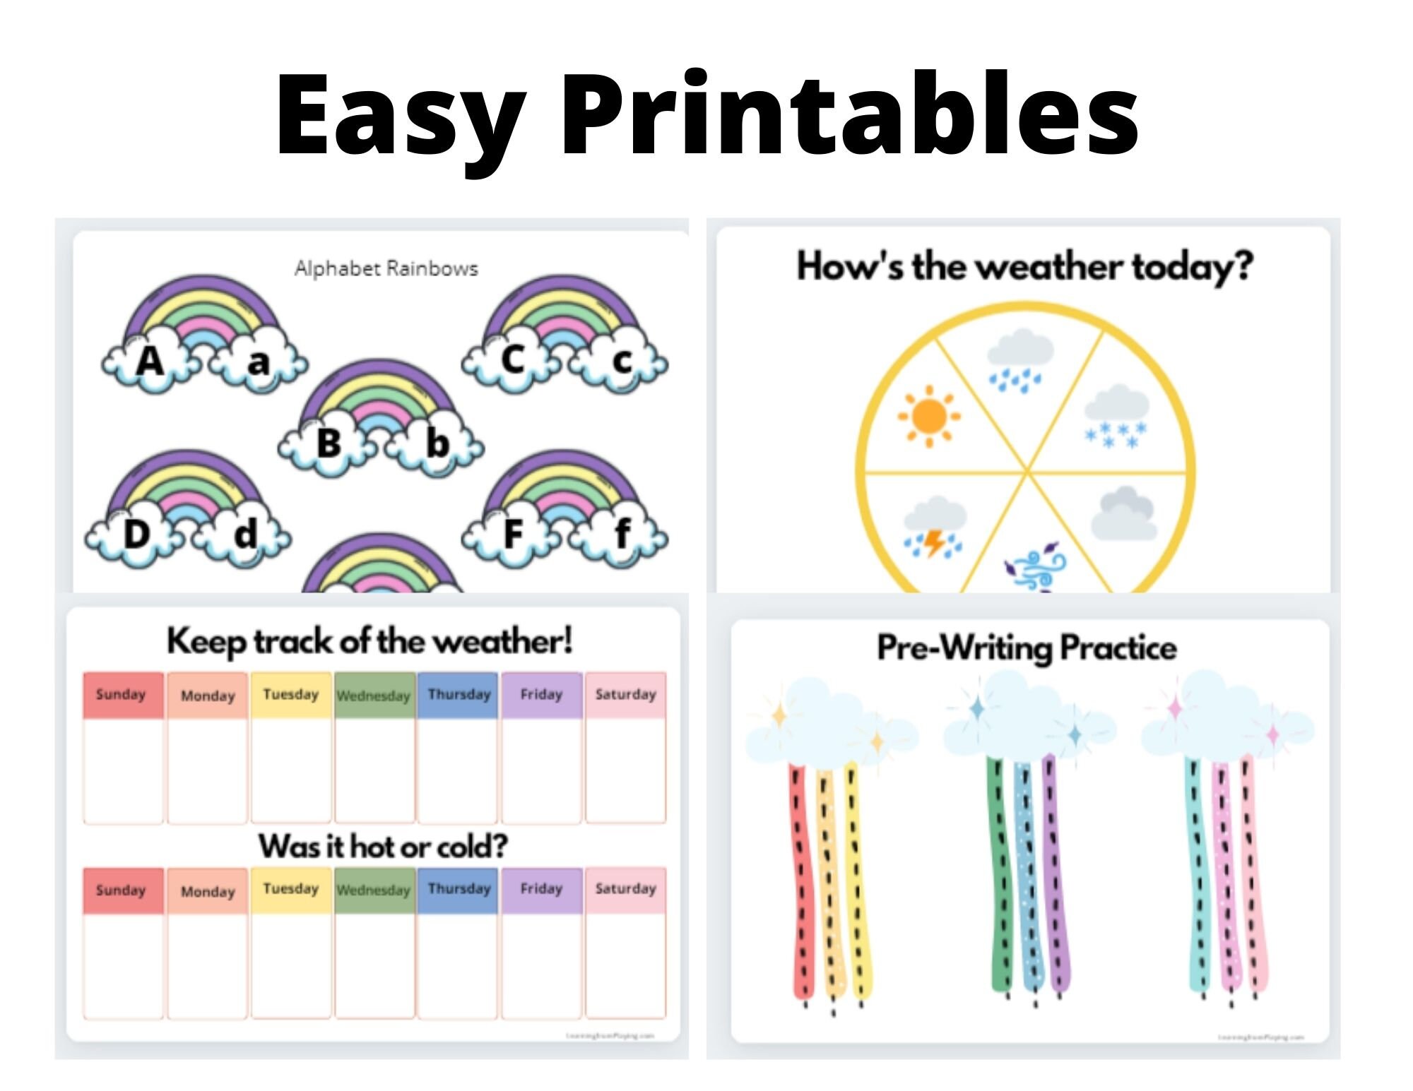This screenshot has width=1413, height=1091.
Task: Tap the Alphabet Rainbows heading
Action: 386,268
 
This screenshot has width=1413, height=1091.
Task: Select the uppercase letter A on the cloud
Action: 150,362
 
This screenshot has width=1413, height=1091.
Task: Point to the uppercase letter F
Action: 514,533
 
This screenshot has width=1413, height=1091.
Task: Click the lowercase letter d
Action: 245,534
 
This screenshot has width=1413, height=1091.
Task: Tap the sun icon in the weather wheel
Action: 928,417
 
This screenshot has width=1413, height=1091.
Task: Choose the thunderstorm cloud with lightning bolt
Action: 934,528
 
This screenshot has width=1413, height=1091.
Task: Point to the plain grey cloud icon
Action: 1125,514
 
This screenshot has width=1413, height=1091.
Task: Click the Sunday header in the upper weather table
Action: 122,695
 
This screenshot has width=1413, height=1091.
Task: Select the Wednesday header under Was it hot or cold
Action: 373,890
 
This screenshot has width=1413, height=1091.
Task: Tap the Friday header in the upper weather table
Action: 541,695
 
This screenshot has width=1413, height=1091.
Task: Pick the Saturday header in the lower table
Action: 625,889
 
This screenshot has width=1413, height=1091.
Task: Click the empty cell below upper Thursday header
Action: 457,770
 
